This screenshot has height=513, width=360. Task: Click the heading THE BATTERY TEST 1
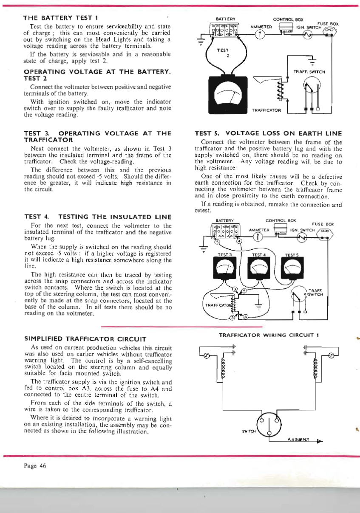pos(61,18)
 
